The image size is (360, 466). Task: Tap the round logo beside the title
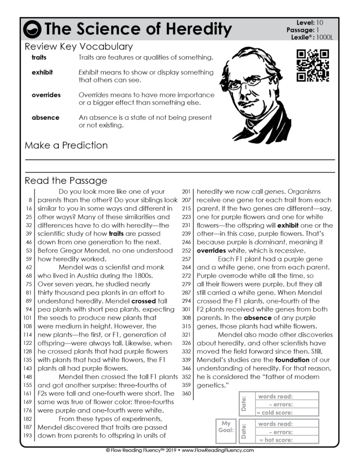[33, 30]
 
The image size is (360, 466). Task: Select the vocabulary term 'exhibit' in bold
[42, 72]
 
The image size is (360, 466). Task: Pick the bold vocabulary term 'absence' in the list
[46, 117]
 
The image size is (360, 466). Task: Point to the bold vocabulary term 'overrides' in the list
[46, 95]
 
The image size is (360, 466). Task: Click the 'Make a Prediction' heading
[66, 146]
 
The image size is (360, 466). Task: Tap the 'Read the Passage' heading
[66, 181]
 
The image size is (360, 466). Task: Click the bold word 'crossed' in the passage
[143, 301]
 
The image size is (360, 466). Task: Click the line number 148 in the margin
[28, 377]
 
